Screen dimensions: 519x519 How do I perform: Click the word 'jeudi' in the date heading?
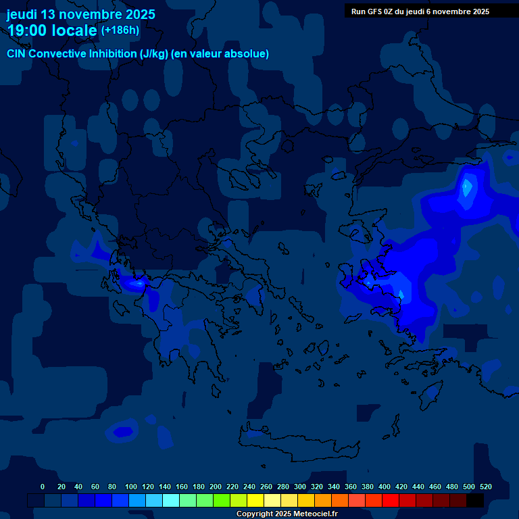tap(22, 14)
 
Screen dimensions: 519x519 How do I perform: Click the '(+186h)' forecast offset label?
tap(120, 30)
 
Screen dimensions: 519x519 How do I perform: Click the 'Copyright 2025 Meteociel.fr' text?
tap(287, 514)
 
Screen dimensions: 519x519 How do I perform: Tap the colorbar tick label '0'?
tap(43, 487)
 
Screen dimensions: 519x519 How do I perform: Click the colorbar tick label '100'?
tap(131, 487)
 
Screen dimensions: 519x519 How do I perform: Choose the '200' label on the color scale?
tap(216, 487)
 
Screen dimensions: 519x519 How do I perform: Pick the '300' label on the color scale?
tap(300, 487)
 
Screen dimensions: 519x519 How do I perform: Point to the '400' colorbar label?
tap(385, 487)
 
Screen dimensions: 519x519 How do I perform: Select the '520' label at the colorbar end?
tap(485, 487)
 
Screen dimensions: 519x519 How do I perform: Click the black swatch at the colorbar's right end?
tap(475, 500)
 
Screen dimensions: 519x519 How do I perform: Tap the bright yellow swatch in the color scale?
tap(255, 500)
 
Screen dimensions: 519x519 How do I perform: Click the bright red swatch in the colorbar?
tap(391, 500)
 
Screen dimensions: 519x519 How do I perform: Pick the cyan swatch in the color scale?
tap(171, 500)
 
